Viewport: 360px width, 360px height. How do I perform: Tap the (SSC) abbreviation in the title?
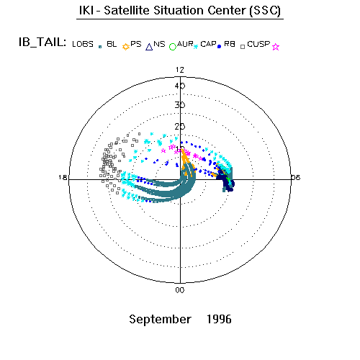(265, 11)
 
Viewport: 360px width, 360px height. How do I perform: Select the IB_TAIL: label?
(42, 42)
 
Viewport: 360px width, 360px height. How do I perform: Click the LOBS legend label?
(83, 44)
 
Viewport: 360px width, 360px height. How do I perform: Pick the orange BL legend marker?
(126, 47)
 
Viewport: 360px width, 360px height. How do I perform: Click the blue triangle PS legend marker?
(149, 47)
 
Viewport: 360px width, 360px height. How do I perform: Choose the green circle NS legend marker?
(173, 47)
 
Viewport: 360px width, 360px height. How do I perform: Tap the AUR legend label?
(185, 44)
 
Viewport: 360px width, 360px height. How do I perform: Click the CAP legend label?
(208, 44)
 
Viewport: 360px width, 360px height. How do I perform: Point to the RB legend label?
(230, 44)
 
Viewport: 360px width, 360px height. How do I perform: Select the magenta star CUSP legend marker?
(276, 47)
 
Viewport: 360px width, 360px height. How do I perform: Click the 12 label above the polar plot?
(180, 70)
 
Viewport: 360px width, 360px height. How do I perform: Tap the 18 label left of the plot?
(63, 178)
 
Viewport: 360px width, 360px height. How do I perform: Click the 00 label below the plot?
(180, 290)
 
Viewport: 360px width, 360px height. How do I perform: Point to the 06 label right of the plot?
(296, 178)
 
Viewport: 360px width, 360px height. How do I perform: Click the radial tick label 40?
(180, 86)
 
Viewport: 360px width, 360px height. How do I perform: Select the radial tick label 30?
(180, 105)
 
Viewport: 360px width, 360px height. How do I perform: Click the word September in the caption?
(161, 320)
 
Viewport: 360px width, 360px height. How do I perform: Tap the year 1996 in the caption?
(219, 319)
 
